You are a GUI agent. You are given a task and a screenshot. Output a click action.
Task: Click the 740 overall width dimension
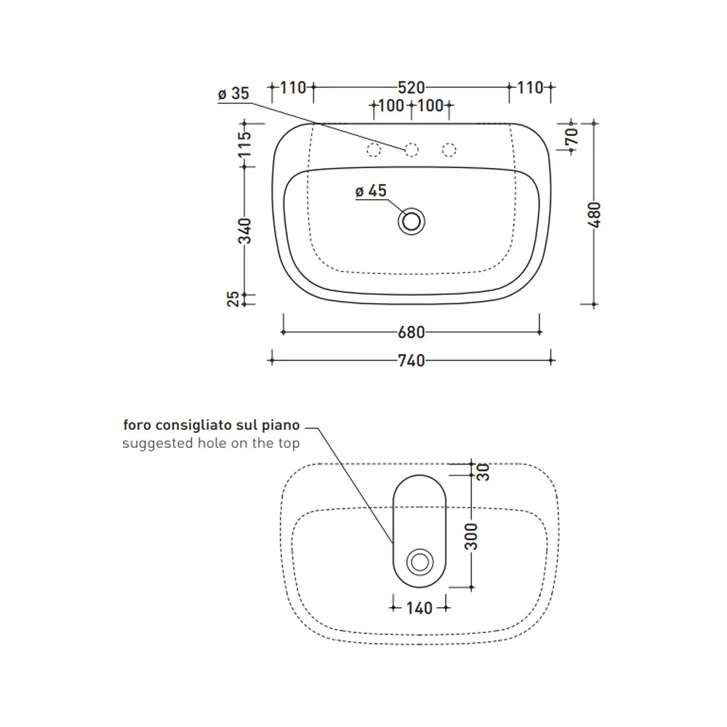411,361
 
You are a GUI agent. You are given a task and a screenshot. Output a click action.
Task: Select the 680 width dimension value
411,332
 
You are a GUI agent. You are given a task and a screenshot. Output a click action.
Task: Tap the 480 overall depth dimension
594,214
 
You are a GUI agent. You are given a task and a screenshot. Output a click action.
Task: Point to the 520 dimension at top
411,87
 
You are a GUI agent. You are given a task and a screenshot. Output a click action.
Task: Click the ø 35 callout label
233,93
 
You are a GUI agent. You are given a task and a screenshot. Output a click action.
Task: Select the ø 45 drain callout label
371,190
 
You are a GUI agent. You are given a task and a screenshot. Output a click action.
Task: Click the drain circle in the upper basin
411,222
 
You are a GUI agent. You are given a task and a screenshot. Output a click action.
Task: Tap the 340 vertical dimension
244,230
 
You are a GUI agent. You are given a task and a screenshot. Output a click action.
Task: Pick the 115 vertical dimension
244,144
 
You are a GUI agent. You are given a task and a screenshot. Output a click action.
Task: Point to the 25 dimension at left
233,299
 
